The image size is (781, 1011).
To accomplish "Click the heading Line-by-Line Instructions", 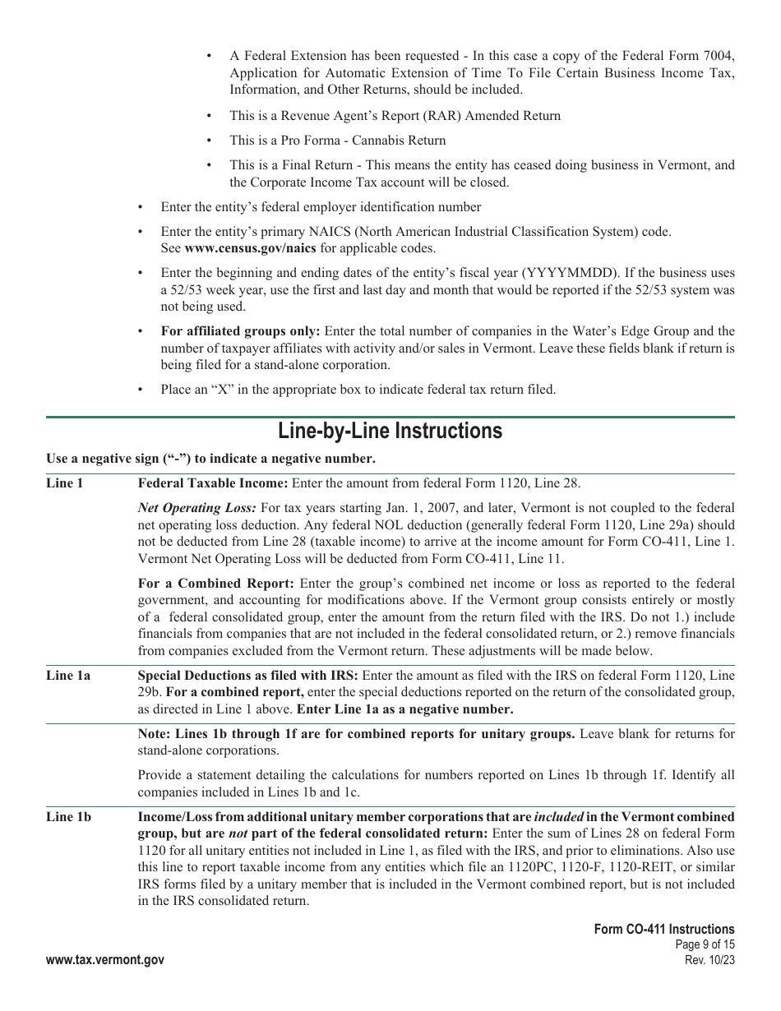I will (390, 432).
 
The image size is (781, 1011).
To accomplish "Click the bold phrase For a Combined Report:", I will (215, 584).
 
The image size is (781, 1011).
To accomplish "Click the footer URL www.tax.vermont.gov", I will (105, 960).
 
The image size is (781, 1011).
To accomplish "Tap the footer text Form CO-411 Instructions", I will (664, 930).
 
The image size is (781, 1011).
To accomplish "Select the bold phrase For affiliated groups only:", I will (241, 331).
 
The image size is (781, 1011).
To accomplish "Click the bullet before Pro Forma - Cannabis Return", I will (210, 141).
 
